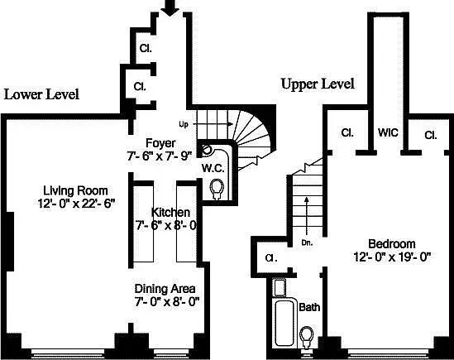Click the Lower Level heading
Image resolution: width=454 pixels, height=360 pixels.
(x=41, y=94)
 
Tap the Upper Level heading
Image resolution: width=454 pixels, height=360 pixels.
(x=318, y=84)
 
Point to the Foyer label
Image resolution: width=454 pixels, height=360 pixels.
(x=160, y=142)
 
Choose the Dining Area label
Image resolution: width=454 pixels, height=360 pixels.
(x=166, y=289)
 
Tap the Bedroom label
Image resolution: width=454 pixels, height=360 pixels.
(x=387, y=243)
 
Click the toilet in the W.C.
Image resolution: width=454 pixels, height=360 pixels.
(x=217, y=190)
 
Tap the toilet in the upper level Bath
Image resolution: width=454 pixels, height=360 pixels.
(x=307, y=336)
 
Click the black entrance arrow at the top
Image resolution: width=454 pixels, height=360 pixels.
(x=170, y=8)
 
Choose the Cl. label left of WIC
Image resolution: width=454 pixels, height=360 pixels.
(x=347, y=132)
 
